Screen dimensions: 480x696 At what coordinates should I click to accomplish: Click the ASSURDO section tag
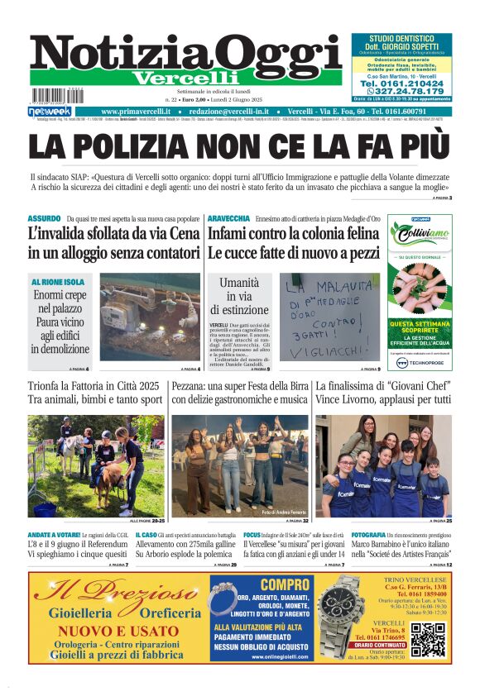43,219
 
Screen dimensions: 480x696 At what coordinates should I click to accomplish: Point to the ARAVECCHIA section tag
228,219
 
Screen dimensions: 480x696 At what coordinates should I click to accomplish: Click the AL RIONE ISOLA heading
58,283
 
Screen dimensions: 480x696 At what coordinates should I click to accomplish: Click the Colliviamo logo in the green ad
420,236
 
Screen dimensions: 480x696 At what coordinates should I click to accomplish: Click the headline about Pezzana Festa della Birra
239,393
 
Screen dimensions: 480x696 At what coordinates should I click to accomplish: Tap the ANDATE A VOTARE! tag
54,536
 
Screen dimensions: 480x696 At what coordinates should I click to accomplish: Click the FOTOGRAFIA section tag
373,536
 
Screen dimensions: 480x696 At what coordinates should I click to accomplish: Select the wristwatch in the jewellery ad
339,616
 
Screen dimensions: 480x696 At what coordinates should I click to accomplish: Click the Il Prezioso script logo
115,593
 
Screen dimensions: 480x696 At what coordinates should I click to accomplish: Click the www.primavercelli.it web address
136,112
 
